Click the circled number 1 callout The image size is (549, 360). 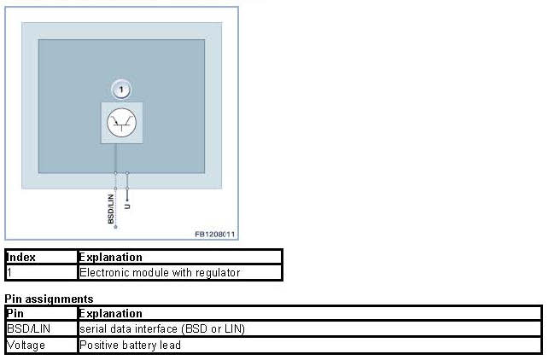click(x=122, y=89)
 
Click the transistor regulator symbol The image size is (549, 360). click(x=122, y=124)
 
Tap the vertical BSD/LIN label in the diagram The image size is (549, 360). click(x=110, y=207)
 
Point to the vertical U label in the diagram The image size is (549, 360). click(x=128, y=206)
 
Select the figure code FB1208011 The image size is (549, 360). click(x=214, y=233)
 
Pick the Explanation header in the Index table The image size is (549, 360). click(x=110, y=257)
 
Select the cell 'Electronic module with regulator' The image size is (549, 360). click(x=160, y=273)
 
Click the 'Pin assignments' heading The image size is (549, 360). click(x=49, y=299)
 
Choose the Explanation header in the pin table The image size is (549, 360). click(x=110, y=313)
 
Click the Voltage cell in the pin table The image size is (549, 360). click(x=26, y=345)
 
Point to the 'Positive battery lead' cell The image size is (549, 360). click(x=131, y=345)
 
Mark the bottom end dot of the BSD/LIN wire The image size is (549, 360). click(x=115, y=227)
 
